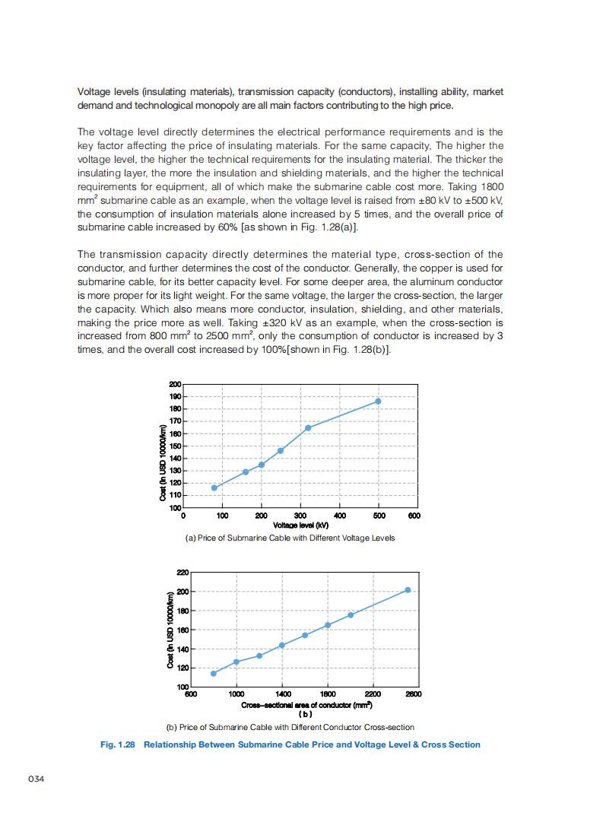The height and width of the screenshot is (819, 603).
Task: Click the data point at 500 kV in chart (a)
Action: [x=378, y=401]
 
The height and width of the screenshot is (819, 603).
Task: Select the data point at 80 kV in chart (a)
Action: [x=214, y=487]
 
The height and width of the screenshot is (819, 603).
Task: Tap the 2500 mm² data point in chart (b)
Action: [x=408, y=590]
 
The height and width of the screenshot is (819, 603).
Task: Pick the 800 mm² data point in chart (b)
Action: [x=214, y=673]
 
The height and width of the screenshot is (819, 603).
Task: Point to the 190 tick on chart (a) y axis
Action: [x=175, y=397]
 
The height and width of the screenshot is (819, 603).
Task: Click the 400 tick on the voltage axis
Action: [x=339, y=516]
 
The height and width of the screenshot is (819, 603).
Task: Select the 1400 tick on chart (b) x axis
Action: [x=282, y=694]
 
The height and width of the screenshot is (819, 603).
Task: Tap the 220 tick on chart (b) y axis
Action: [x=182, y=572]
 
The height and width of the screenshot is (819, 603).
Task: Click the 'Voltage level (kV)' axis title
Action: [x=300, y=525]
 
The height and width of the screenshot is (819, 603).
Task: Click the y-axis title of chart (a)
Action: [x=163, y=461]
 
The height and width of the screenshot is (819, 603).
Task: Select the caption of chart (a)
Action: [x=290, y=538]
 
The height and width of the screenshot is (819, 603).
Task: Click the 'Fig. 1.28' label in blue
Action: [x=117, y=744]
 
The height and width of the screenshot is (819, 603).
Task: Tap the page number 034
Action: [x=36, y=779]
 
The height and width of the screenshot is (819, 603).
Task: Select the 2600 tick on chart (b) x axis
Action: [x=414, y=694]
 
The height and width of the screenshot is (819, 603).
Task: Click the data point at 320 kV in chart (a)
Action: [x=308, y=427]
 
